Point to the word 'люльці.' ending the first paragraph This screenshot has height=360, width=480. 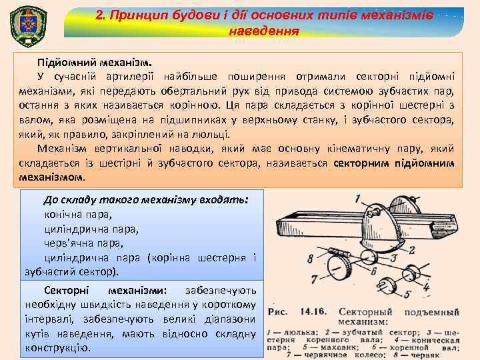click(212, 133)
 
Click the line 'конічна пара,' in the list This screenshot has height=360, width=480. click(78, 215)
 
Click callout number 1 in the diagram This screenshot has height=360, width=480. click(358, 197)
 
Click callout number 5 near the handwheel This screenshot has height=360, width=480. click(407, 293)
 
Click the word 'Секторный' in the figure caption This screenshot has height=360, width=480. click(362, 311)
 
